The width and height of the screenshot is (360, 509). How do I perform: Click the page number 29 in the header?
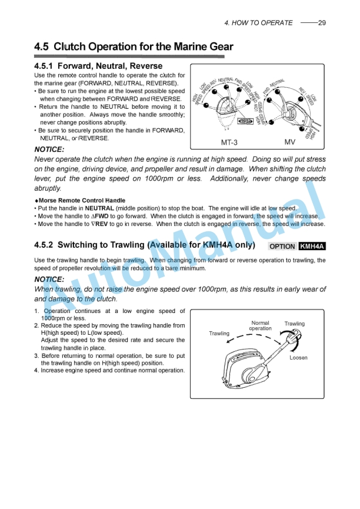(321, 23)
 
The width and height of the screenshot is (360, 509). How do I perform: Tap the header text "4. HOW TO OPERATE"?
(258, 23)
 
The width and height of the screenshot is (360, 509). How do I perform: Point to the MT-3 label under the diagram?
(229, 142)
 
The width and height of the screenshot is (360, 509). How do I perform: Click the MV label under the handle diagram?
(290, 142)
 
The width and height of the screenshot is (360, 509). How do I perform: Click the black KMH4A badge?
(312, 246)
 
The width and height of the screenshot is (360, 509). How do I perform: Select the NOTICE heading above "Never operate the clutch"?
(49, 149)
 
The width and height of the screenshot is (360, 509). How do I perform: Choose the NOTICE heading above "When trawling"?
(49, 279)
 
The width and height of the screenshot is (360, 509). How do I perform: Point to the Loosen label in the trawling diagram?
(298, 357)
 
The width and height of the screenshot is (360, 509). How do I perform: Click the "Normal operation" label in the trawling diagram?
(260, 325)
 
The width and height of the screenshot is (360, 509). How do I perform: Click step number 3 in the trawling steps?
(36, 355)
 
